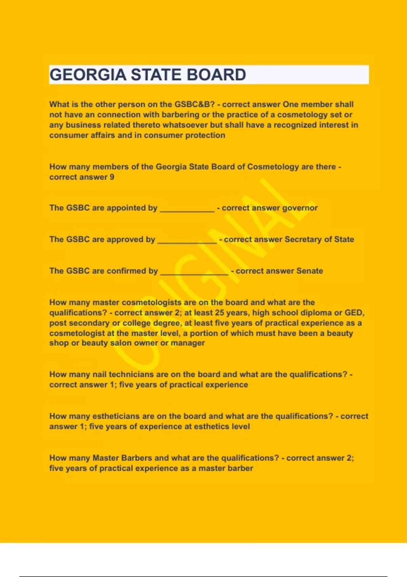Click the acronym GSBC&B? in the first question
[195, 104]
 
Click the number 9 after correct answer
[112, 177]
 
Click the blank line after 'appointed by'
[187, 209]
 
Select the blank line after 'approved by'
[187, 241]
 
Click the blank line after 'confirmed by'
[194, 273]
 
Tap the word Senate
[310, 271]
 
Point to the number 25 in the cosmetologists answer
[219, 313]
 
